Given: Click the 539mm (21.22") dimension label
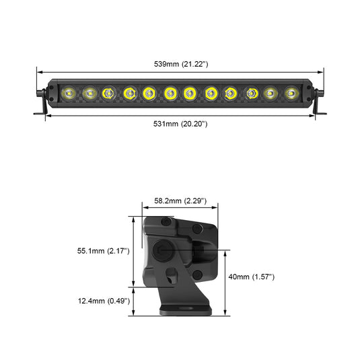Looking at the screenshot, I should (x=180, y=64).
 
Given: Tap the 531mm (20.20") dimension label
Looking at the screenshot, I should (x=180, y=124).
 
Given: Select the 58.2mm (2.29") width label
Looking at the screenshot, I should (x=180, y=201).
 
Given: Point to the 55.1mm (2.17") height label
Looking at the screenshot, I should (x=103, y=251).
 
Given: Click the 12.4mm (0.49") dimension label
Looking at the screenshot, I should (x=103, y=301).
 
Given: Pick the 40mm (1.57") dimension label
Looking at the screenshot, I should (x=251, y=277).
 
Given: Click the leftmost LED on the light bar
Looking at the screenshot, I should (x=68, y=92).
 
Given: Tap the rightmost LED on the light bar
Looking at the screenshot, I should (x=291, y=92).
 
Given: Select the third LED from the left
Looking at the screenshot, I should (x=108, y=92).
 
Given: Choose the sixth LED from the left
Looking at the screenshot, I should (x=170, y=92).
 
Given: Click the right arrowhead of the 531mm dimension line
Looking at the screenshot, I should (x=314, y=116).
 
